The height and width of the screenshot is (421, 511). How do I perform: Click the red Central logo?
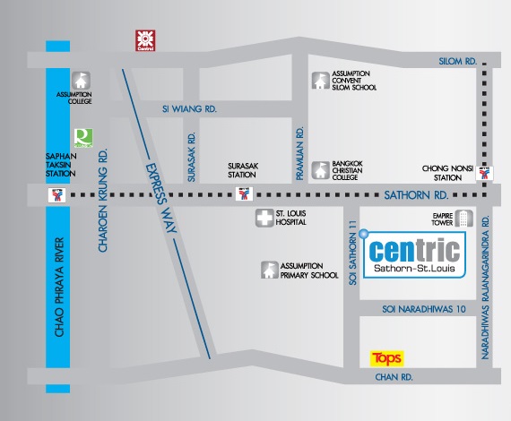tap(145, 40)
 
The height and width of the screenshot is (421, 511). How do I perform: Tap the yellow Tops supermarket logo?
tap(386, 358)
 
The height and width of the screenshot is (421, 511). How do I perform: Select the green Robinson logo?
tap(83, 138)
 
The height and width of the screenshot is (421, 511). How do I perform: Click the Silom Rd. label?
tap(458, 61)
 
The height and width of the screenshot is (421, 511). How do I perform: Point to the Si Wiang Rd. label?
tap(189, 109)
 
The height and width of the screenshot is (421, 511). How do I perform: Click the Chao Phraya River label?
tap(59, 288)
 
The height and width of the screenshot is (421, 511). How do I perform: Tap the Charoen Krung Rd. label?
tap(103, 201)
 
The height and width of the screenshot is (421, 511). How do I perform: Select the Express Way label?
tap(161, 198)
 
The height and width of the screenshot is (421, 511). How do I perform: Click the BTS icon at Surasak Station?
tap(244, 193)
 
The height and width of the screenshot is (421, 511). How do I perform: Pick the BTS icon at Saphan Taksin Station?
tap(56, 195)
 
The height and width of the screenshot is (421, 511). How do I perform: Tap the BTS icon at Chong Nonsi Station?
tap(484, 173)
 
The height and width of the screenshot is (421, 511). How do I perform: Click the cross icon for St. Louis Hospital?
tap(264, 218)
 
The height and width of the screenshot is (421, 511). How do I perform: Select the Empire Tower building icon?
tap(464, 219)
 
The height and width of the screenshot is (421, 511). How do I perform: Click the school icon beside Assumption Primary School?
tap(270, 270)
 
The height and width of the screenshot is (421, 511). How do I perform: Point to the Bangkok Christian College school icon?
tap(320, 170)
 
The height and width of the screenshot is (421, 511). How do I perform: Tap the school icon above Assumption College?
tap(81, 80)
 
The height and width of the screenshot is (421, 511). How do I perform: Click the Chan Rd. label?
tap(394, 377)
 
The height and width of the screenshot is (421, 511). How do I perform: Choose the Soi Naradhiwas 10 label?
tap(424, 309)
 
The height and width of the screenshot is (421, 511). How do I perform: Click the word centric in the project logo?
tap(414, 251)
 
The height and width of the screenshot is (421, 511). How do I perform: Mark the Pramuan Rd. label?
tap(299, 153)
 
